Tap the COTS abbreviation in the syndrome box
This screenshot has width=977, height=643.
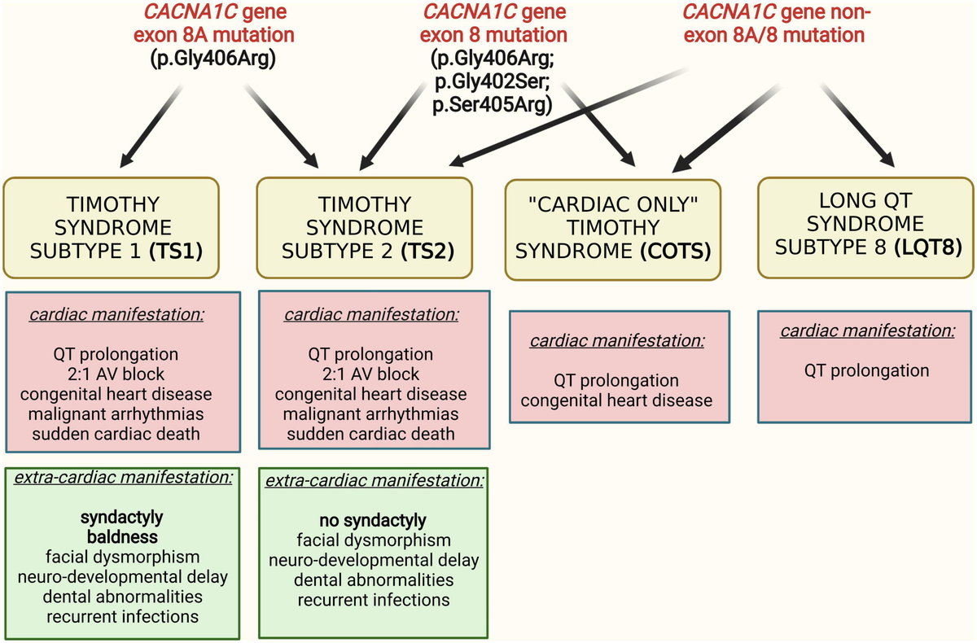pyautogui.click(x=680, y=253)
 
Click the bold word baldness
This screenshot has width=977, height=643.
pyautogui.click(x=122, y=538)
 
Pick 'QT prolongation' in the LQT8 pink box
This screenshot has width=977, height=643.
pyautogui.click(x=866, y=371)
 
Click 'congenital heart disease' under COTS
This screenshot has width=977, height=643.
pyautogui.click(x=616, y=400)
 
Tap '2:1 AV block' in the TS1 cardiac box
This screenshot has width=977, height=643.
pyautogui.click(x=122, y=375)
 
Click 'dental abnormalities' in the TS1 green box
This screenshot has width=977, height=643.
pyautogui.click(x=122, y=597)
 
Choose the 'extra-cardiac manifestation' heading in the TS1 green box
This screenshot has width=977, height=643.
pyautogui.click(x=122, y=478)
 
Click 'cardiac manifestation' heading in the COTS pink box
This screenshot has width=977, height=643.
pyautogui.click(x=616, y=340)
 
